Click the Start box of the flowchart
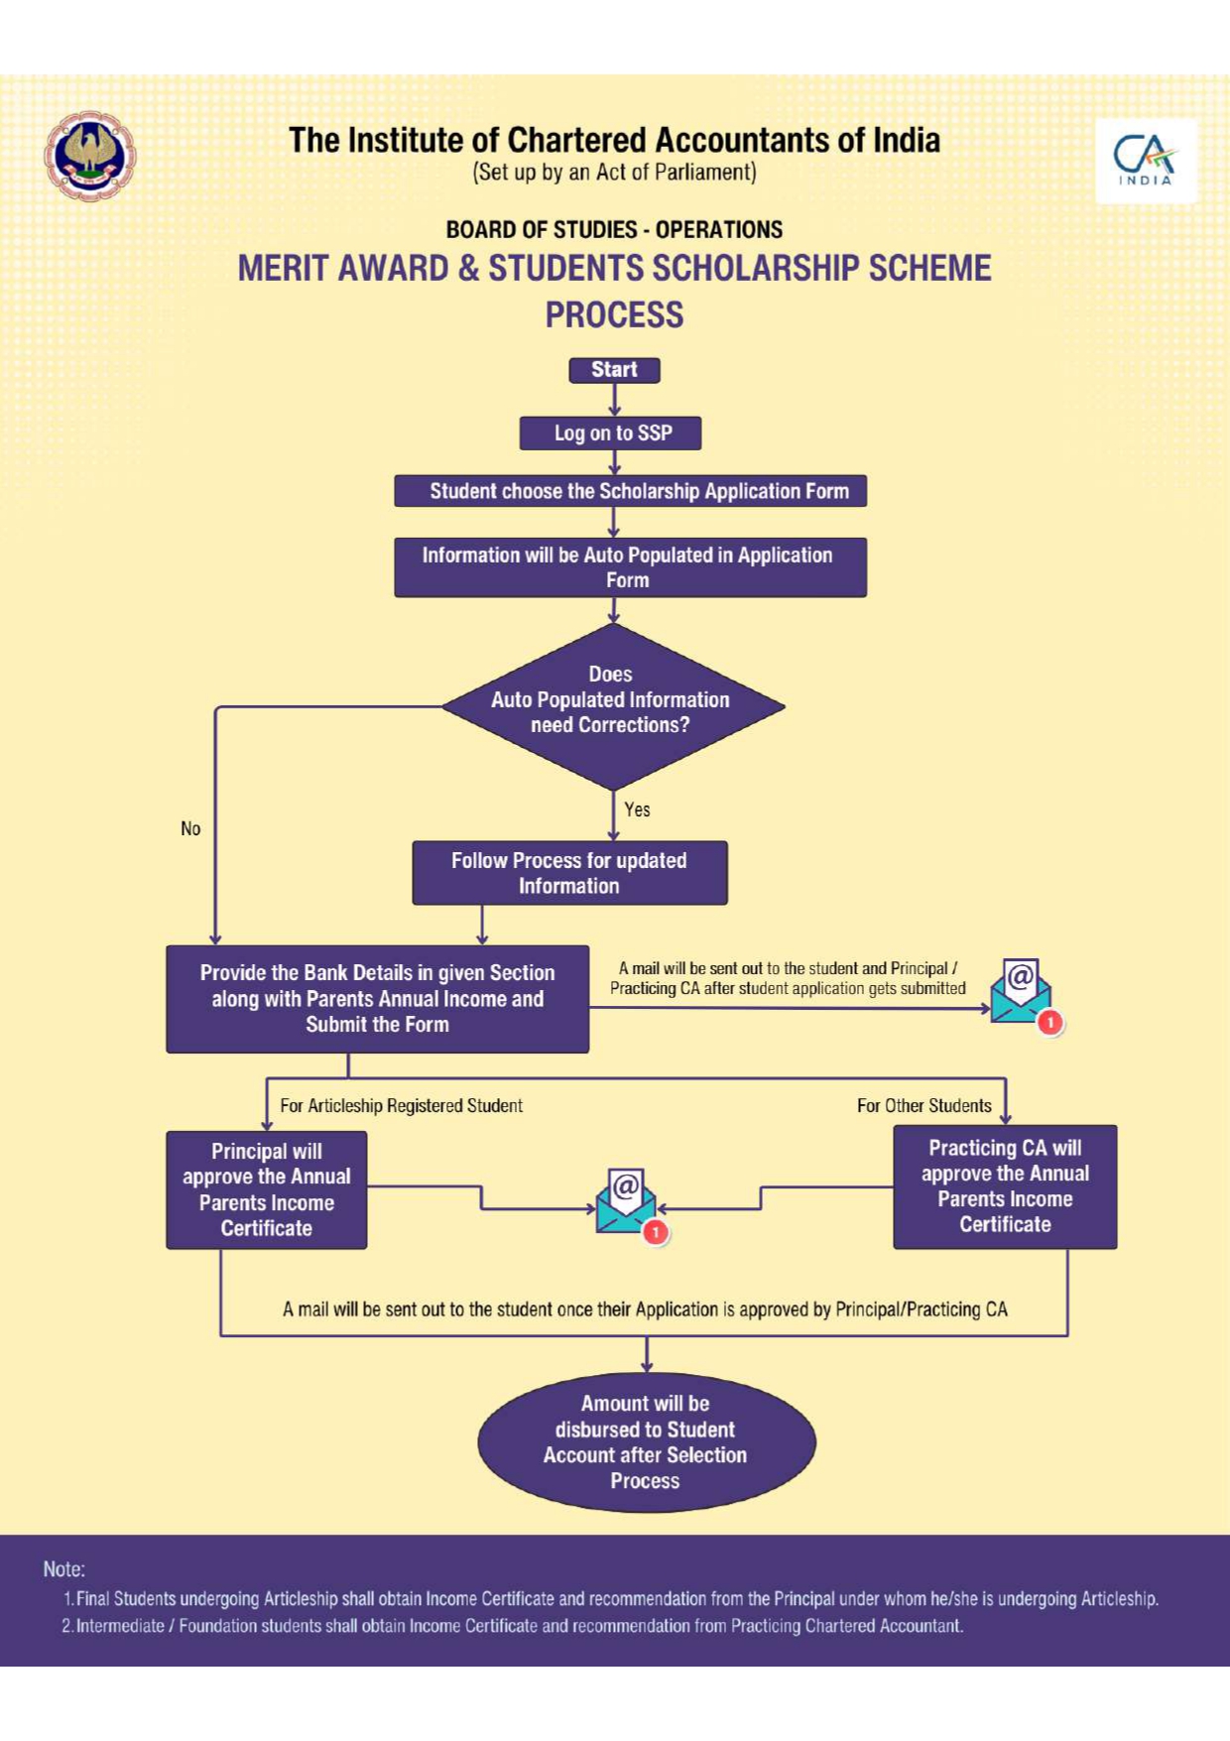(x=614, y=370)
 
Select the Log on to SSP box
(x=611, y=434)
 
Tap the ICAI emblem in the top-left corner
(x=89, y=156)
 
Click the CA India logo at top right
(x=1146, y=160)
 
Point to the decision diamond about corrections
(x=613, y=705)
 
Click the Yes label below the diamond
(x=637, y=809)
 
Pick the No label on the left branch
(x=190, y=828)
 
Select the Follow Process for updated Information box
(x=569, y=873)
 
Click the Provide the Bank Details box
(x=377, y=999)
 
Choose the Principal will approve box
(x=266, y=1189)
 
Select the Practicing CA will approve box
(x=1005, y=1186)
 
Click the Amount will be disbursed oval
(x=646, y=1442)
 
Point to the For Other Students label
(x=923, y=1106)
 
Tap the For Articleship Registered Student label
(x=401, y=1106)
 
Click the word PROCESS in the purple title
(x=614, y=315)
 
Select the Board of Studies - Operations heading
(x=614, y=230)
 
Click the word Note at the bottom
(x=63, y=1569)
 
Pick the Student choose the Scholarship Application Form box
(x=630, y=491)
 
